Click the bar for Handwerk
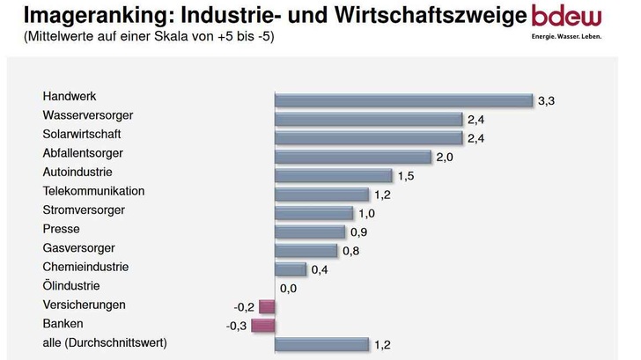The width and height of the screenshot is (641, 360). coord(403,100)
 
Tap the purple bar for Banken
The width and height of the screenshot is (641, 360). coord(263,326)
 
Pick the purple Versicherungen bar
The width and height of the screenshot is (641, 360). coord(267,306)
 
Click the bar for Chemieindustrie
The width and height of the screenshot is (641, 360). coord(290,269)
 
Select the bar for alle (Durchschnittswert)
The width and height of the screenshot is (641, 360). coord(321,344)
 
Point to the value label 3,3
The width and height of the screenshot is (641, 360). coord(546,101)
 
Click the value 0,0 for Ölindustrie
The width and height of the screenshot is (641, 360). coord(289,288)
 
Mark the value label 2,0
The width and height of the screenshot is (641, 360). coord(445,157)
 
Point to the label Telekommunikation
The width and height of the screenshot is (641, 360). coord(93,191)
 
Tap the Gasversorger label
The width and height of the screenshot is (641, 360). coord(78,247)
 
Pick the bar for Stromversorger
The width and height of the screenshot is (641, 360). coord(313,213)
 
